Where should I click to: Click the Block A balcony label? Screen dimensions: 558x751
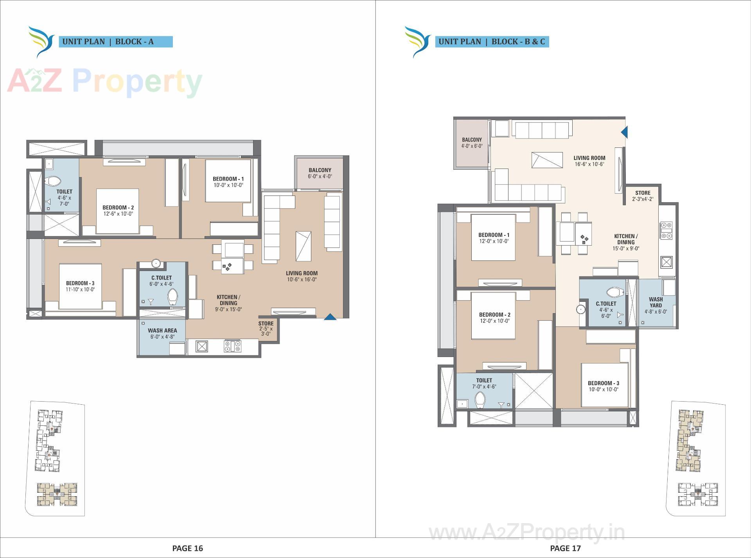click(x=320, y=170)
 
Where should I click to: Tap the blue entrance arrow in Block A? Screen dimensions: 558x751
click(x=330, y=317)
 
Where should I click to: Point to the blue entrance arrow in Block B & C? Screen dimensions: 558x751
click(x=625, y=132)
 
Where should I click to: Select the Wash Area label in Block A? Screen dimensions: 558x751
click(x=162, y=330)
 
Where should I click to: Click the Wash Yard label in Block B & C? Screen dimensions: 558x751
click(x=656, y=302)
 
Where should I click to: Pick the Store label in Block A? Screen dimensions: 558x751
click(x=266, y=323)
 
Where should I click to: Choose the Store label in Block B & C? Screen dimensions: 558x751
click(x=643, y=193)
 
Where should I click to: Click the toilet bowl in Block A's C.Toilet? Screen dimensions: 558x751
click(x=172, y=297)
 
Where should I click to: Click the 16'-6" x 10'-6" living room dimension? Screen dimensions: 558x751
click(x=589, y=164)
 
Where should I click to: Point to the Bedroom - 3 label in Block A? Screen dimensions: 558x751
click(x=80, y=283)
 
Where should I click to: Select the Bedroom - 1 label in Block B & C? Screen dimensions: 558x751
click(x=494, y=235)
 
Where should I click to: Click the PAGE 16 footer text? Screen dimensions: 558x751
click(x=187, y=548)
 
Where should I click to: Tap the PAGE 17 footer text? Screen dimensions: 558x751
click(x=565, y=548)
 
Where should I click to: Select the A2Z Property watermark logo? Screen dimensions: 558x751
click(x=105, y=82)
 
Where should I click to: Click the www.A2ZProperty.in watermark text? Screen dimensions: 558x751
click(x=526, y=533)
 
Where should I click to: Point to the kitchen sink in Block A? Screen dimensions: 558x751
click(x=202, y=346)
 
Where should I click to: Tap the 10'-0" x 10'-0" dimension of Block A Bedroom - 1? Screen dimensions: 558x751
click(x=228, y=185)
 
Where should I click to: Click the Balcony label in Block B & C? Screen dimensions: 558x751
click(x=472, y=140)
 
